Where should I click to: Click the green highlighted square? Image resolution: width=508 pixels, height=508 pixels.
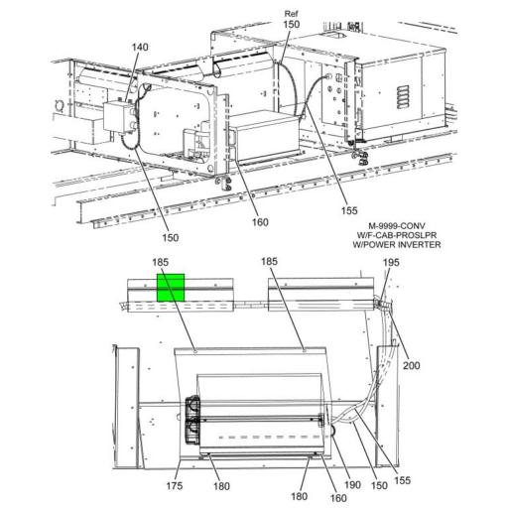172,288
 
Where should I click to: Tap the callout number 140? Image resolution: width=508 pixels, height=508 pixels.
140,48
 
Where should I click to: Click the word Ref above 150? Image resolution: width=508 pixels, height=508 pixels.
290,13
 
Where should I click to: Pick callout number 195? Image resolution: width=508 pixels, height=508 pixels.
391,262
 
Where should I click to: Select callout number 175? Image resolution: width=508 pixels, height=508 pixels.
174,485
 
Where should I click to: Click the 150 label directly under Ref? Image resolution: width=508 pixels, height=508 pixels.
290,24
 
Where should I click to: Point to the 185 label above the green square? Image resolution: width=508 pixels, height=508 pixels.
161,262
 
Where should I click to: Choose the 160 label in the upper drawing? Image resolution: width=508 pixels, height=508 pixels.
260,221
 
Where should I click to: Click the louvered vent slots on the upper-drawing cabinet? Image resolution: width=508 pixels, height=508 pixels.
400,96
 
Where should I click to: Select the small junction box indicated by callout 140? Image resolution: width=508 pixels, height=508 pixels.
121,119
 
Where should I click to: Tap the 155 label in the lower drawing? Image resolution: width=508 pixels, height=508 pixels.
403,480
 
